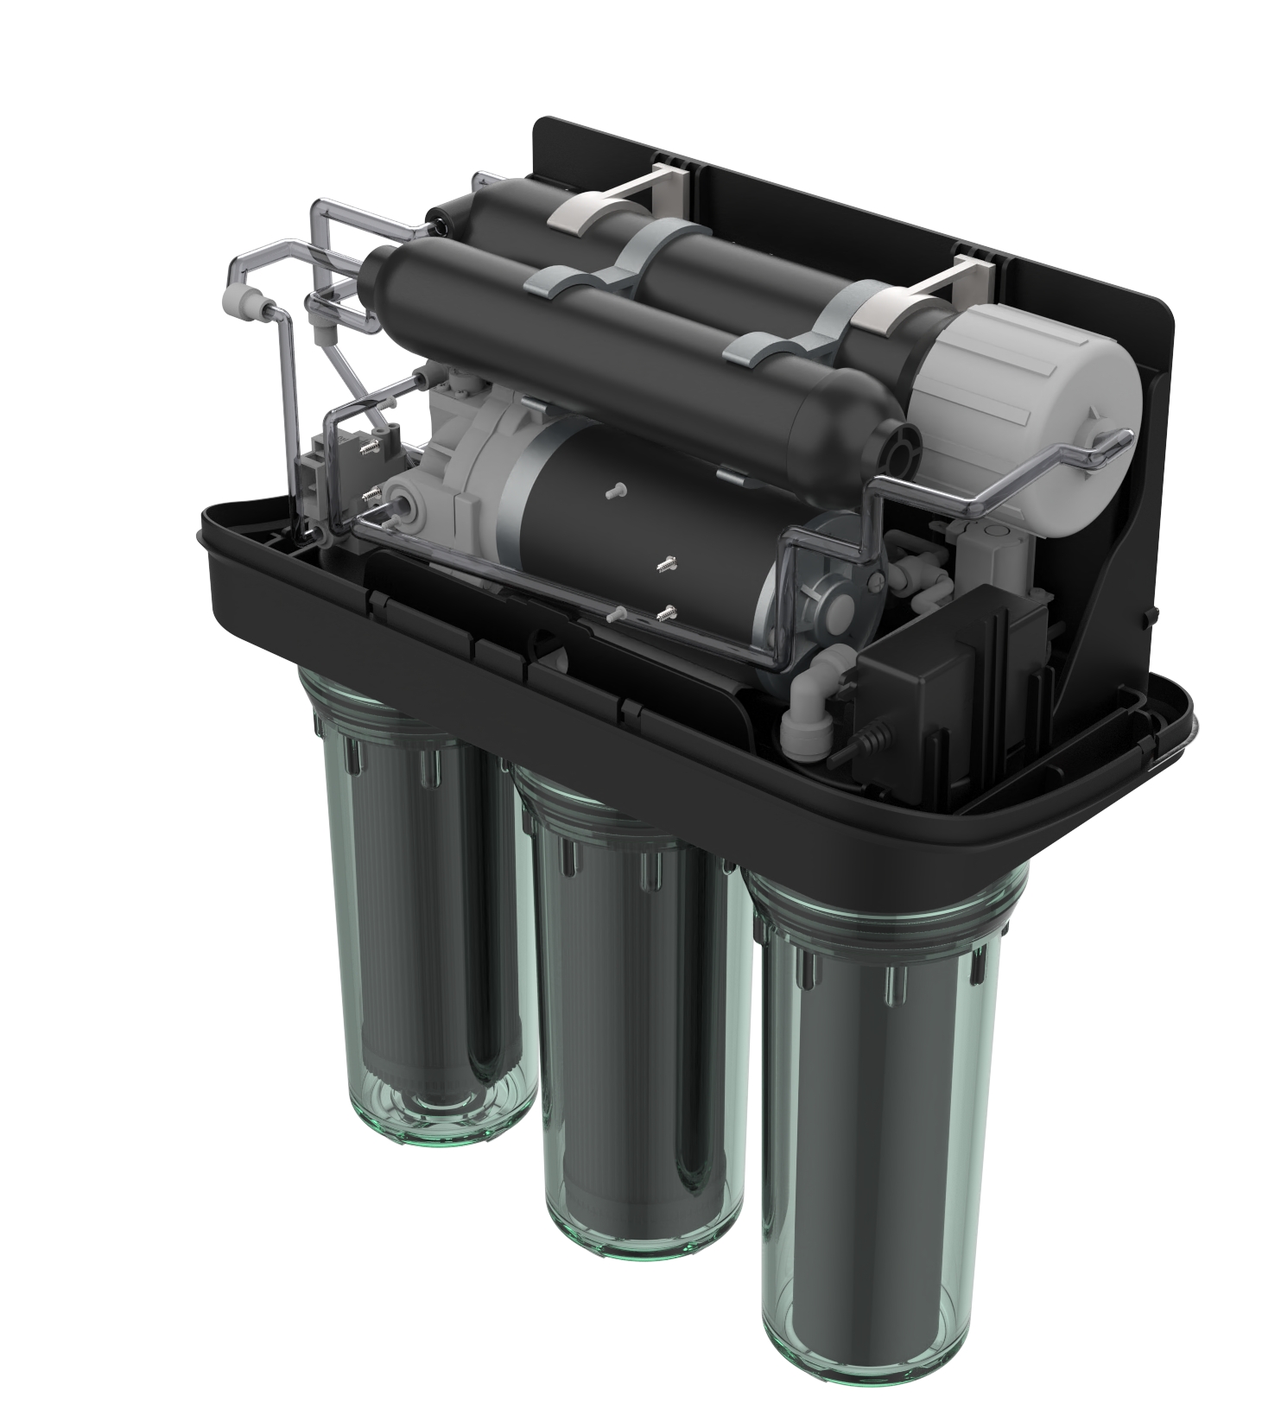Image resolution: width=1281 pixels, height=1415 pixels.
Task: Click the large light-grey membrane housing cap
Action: [1028, 372]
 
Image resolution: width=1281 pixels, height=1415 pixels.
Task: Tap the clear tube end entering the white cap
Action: [1119, 441]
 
